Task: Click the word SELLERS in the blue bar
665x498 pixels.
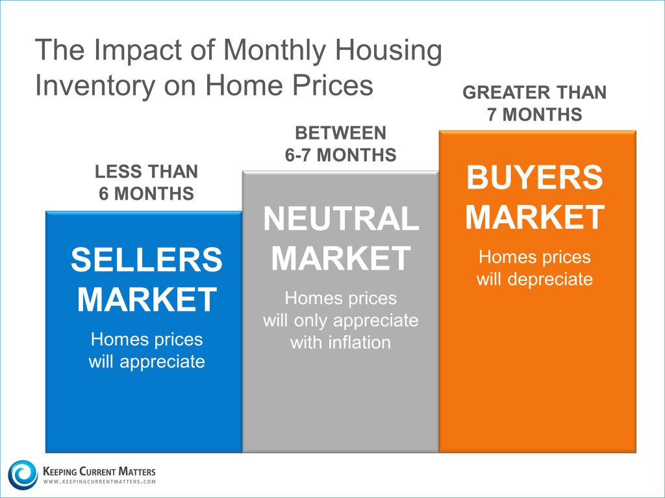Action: pyautogui.click(x=146, y=259)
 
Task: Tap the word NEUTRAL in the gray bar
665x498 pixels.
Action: pyautogui.click(x=341, y=219)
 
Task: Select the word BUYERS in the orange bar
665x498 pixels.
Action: pyautogui.click(x=534, y=178)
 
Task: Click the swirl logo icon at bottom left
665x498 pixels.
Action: pyautogui.click(x=23, y=474)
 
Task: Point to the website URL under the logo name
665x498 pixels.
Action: pyautogui.click(x=99, y=482)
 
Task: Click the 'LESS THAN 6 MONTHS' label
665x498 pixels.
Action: pyautogui.click(x=146, y=182)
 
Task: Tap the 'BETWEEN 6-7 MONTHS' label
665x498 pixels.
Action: pyautogui.click(x=340, y=144)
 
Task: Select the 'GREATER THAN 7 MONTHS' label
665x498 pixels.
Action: pyautogui.click(x=534, y=103)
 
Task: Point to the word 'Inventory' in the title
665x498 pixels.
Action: pyautogui.click(x=95, y=85)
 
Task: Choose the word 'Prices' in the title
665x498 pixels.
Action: pyautogui.click(x=332, y=85)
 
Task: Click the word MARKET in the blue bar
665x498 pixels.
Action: pyautogui.click(x=147, y=300)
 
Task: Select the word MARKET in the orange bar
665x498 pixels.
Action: pyautogui.click(x=535, y=217)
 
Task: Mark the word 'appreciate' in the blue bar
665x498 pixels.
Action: pyautogui.click(x=162, y=362)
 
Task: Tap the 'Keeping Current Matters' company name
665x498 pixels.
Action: pyautogui.click(x=99, y=471)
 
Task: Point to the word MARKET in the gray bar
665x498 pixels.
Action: pyautogui.click(x=341, y=258)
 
